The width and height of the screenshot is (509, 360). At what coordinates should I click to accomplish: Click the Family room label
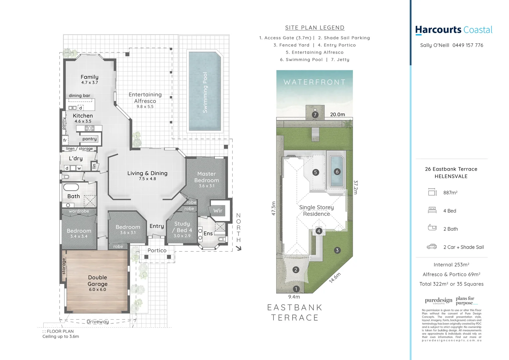(89, 77)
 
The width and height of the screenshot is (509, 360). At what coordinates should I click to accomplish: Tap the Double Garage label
(98, 281)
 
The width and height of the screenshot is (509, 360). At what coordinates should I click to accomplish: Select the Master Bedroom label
(207, 177)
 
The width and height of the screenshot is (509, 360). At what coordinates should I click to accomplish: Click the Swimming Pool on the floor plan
(205, 92)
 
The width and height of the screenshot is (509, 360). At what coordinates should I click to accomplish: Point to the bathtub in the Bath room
(71, 187)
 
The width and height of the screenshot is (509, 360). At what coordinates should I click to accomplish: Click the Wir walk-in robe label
(218, 211)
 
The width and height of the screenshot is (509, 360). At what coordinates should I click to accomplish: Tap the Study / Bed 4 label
(182, 227)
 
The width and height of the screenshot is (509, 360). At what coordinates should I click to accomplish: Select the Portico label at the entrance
(157, 251)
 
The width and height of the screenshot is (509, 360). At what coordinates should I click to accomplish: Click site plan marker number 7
(315, 115)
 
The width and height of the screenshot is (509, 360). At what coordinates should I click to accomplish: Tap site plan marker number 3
(337, 250)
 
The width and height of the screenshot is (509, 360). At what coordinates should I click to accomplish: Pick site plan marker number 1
(296, 289)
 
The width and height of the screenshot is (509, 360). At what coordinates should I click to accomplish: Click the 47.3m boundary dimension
(273, 208)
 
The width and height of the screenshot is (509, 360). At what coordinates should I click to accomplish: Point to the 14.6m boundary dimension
(335, 278)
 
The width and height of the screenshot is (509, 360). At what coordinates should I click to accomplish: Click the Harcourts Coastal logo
(453, 30)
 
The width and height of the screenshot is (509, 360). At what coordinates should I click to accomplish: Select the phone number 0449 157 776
(468, 45)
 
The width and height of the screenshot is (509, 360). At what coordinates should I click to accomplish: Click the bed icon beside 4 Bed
(432, 210)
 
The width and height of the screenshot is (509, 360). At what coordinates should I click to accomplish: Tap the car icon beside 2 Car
(432, 247)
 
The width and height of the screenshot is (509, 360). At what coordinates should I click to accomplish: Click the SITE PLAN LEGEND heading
(314, 28)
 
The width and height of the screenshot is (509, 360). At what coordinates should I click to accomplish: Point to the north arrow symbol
(239, 248)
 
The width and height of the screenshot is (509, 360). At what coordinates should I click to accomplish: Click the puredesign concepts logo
(438, 301)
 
